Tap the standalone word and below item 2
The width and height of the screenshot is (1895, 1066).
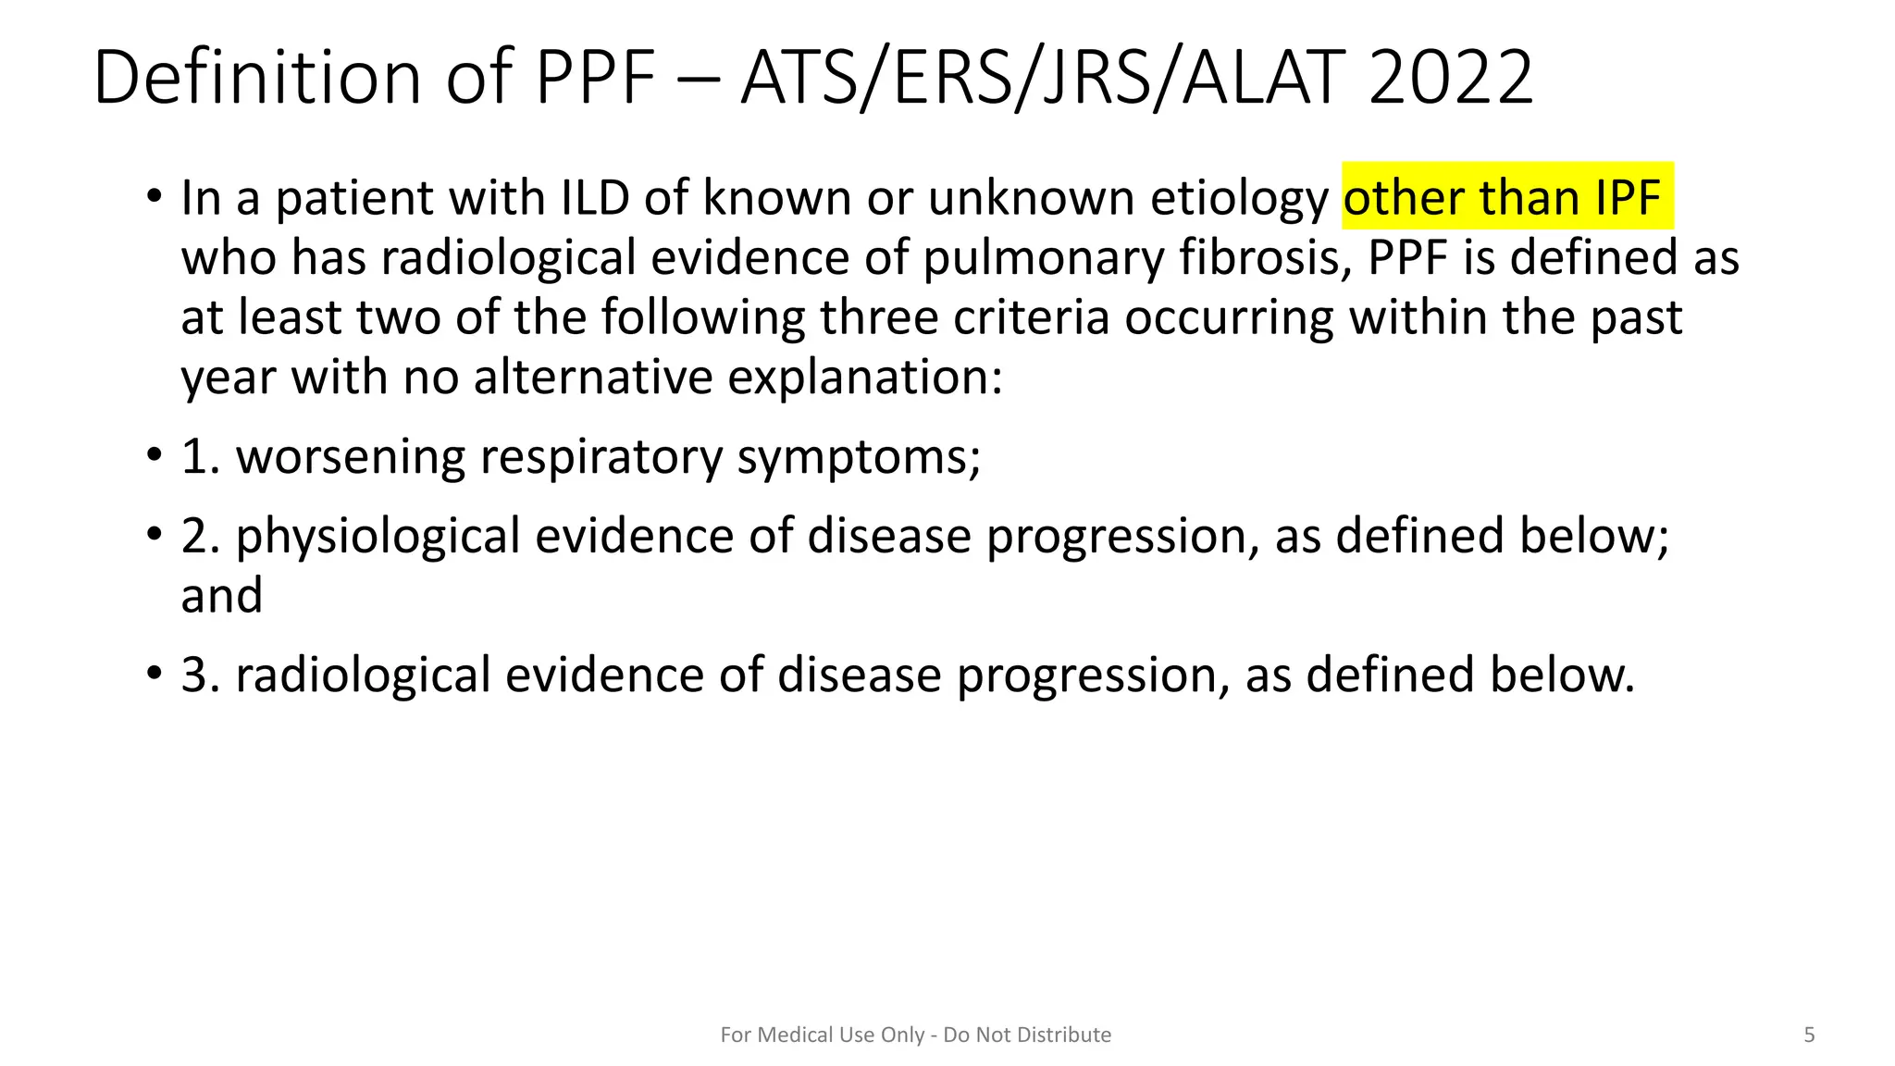click(x=221, y=596)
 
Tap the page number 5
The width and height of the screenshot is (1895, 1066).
click(x=1809, y=1035)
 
